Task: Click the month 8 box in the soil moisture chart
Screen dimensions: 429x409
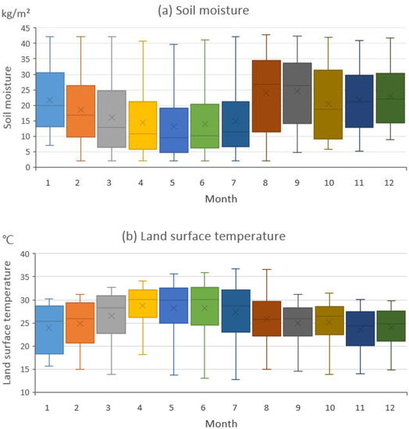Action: pos(266,96)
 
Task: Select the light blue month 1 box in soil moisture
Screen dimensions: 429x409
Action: pos(50,99)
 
